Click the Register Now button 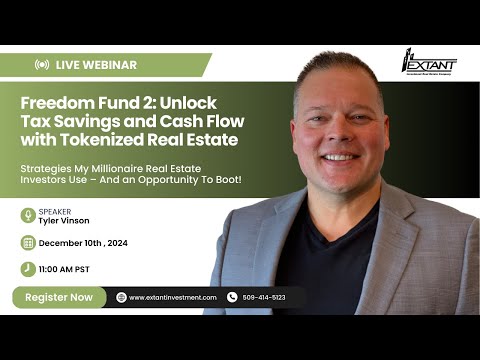click(x=59, y=297)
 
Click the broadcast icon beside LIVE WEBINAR click(x=42, y=64)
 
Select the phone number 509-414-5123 click(x=263, y=297)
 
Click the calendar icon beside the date click(x=28, y=242)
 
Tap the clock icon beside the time click(x=28, y=268)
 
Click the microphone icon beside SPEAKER click(x=28, y=216)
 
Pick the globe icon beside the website click(x=121, y=297)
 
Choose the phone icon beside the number click(x=232, y=297)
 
